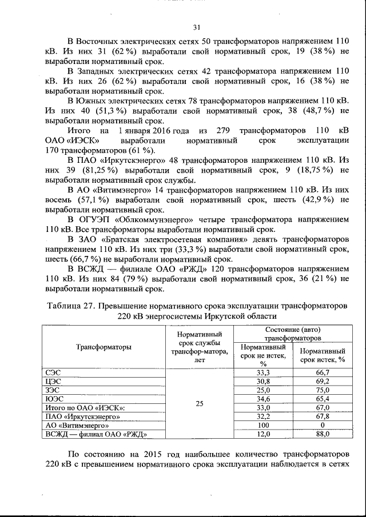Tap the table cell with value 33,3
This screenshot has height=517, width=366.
(x=263, y=372)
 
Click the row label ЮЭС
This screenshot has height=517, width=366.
(x=54, y=399)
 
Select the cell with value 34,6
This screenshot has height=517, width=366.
(x=263, y=399)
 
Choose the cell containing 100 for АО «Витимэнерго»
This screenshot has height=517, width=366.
(x=263, y=426)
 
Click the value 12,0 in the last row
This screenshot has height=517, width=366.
(x=263, y=435)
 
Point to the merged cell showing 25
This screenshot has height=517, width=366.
(x=199, y=403)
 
